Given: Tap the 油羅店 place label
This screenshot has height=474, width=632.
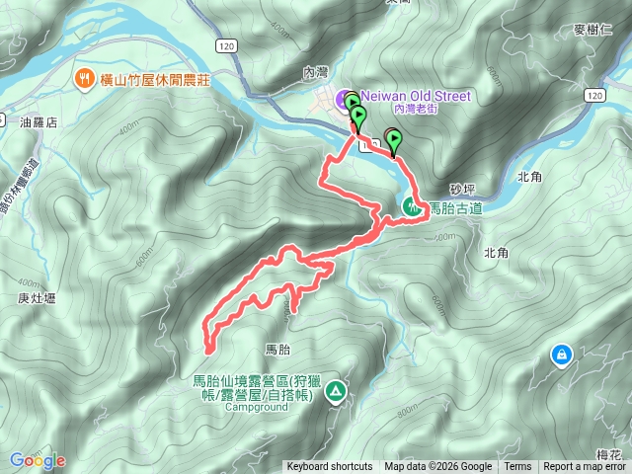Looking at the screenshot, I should [x=39, y=122].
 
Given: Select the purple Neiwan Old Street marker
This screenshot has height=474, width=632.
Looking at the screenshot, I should [x=344, y=98].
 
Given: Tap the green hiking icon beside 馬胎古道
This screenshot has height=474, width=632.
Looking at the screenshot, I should [x=410, y=207].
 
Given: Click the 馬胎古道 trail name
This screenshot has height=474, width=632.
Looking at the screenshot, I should [x=455, y=208].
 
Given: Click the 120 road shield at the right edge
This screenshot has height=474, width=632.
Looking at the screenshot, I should [x=592, y=94].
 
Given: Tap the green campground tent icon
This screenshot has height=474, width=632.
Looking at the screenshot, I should [x=337, y=392].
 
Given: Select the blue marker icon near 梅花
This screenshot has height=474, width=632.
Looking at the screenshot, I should [x=561, y=354].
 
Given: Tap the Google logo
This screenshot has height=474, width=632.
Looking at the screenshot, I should [x=37, y=460].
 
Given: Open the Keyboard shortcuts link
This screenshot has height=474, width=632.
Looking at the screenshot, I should [x=330, y=467].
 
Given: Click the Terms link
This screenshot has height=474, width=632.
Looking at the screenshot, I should [x=517, y=467].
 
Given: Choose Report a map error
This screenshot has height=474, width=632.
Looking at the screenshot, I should [x=585, y=467].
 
